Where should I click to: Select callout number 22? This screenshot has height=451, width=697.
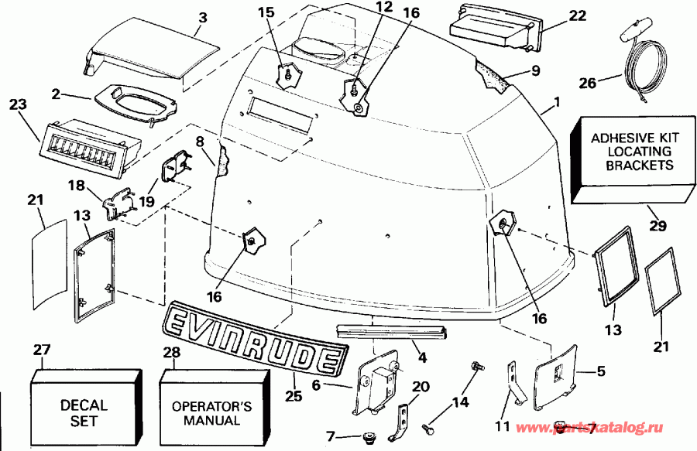[556, 16]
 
